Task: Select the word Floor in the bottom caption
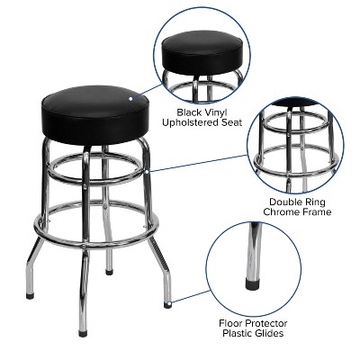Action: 235,321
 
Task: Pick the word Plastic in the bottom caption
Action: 238,333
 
